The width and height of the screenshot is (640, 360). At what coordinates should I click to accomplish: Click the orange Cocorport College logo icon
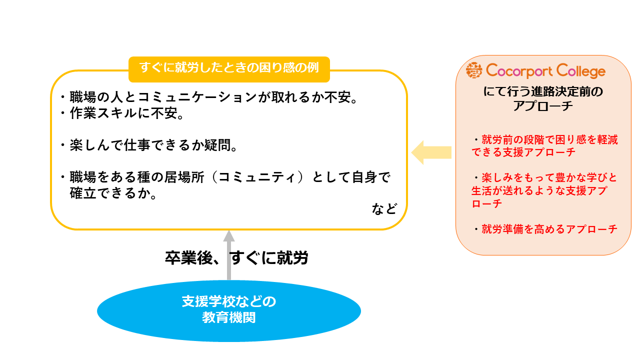pyautogui.click(x=474, y=71)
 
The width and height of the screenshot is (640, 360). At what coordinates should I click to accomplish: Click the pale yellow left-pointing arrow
pyautogui.click(x=431, y=152)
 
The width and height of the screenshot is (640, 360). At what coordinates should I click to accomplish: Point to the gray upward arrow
pyautogui.click(x=229, y=255)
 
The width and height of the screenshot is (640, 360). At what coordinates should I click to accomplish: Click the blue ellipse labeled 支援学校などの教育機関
pyautogui.click(x=228, y=309)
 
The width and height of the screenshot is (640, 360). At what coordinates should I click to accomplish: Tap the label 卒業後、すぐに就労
pyautogui.click(x=236, y=258)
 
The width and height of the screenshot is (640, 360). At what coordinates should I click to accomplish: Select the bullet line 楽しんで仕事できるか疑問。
pyautogui.click(x=150, y=145)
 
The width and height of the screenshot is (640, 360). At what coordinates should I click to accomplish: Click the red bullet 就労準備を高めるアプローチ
pyautogui.click(x=549, y=229)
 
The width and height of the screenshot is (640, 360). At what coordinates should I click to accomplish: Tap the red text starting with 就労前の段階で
pyautogui.click(x=545, y=146)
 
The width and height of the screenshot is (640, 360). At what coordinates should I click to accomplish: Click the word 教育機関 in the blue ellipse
pyautogui.click(x=228, y=317)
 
